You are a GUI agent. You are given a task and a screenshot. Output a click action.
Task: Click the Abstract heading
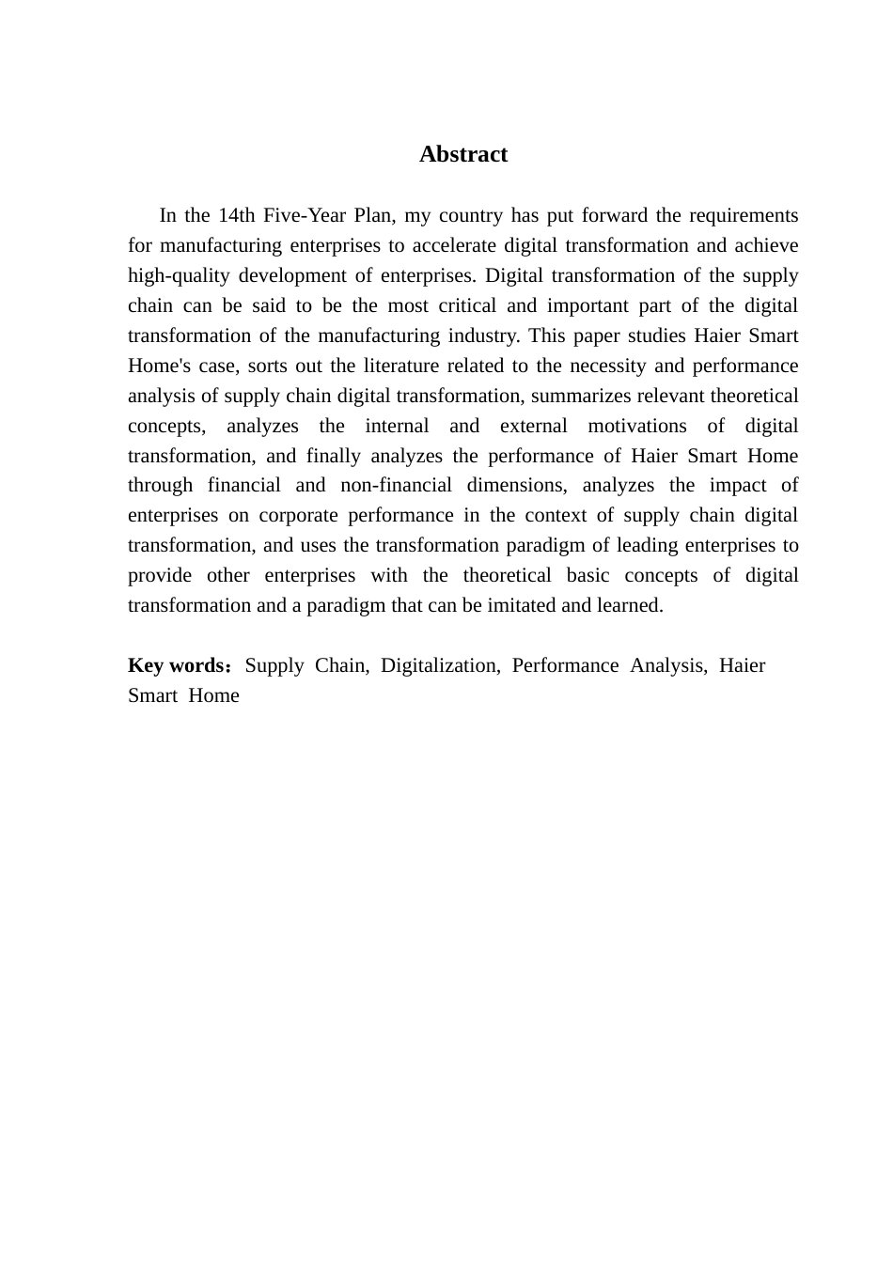pos(463,155)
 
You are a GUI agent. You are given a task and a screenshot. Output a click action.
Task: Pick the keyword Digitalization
pos(439,666)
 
